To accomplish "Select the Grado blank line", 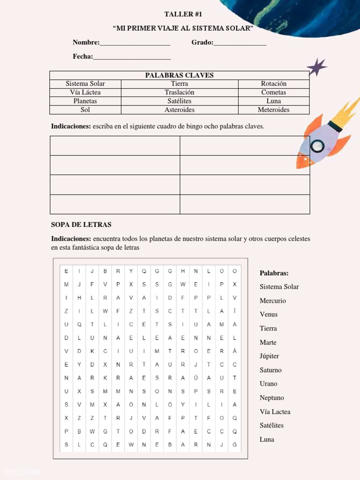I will (240, 44).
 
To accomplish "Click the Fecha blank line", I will (132, 58).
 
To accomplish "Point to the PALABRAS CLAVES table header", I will (179, 75).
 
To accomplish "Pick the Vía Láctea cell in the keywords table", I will (85, 92).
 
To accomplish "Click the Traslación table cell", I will (180, 92).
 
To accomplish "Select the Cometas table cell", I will (274, 92).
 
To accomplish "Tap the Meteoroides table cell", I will (274, 110).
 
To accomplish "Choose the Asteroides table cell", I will (180, 110).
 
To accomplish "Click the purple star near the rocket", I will (317, 67).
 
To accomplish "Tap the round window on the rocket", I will (317, 146).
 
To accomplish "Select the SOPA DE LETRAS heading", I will (81, 225).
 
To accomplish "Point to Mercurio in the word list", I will (273, 300).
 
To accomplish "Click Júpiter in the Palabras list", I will (270, 356).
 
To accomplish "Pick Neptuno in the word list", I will (272, 397).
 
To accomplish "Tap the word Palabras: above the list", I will (274, 273).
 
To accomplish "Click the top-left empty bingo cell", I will (115, 146).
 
